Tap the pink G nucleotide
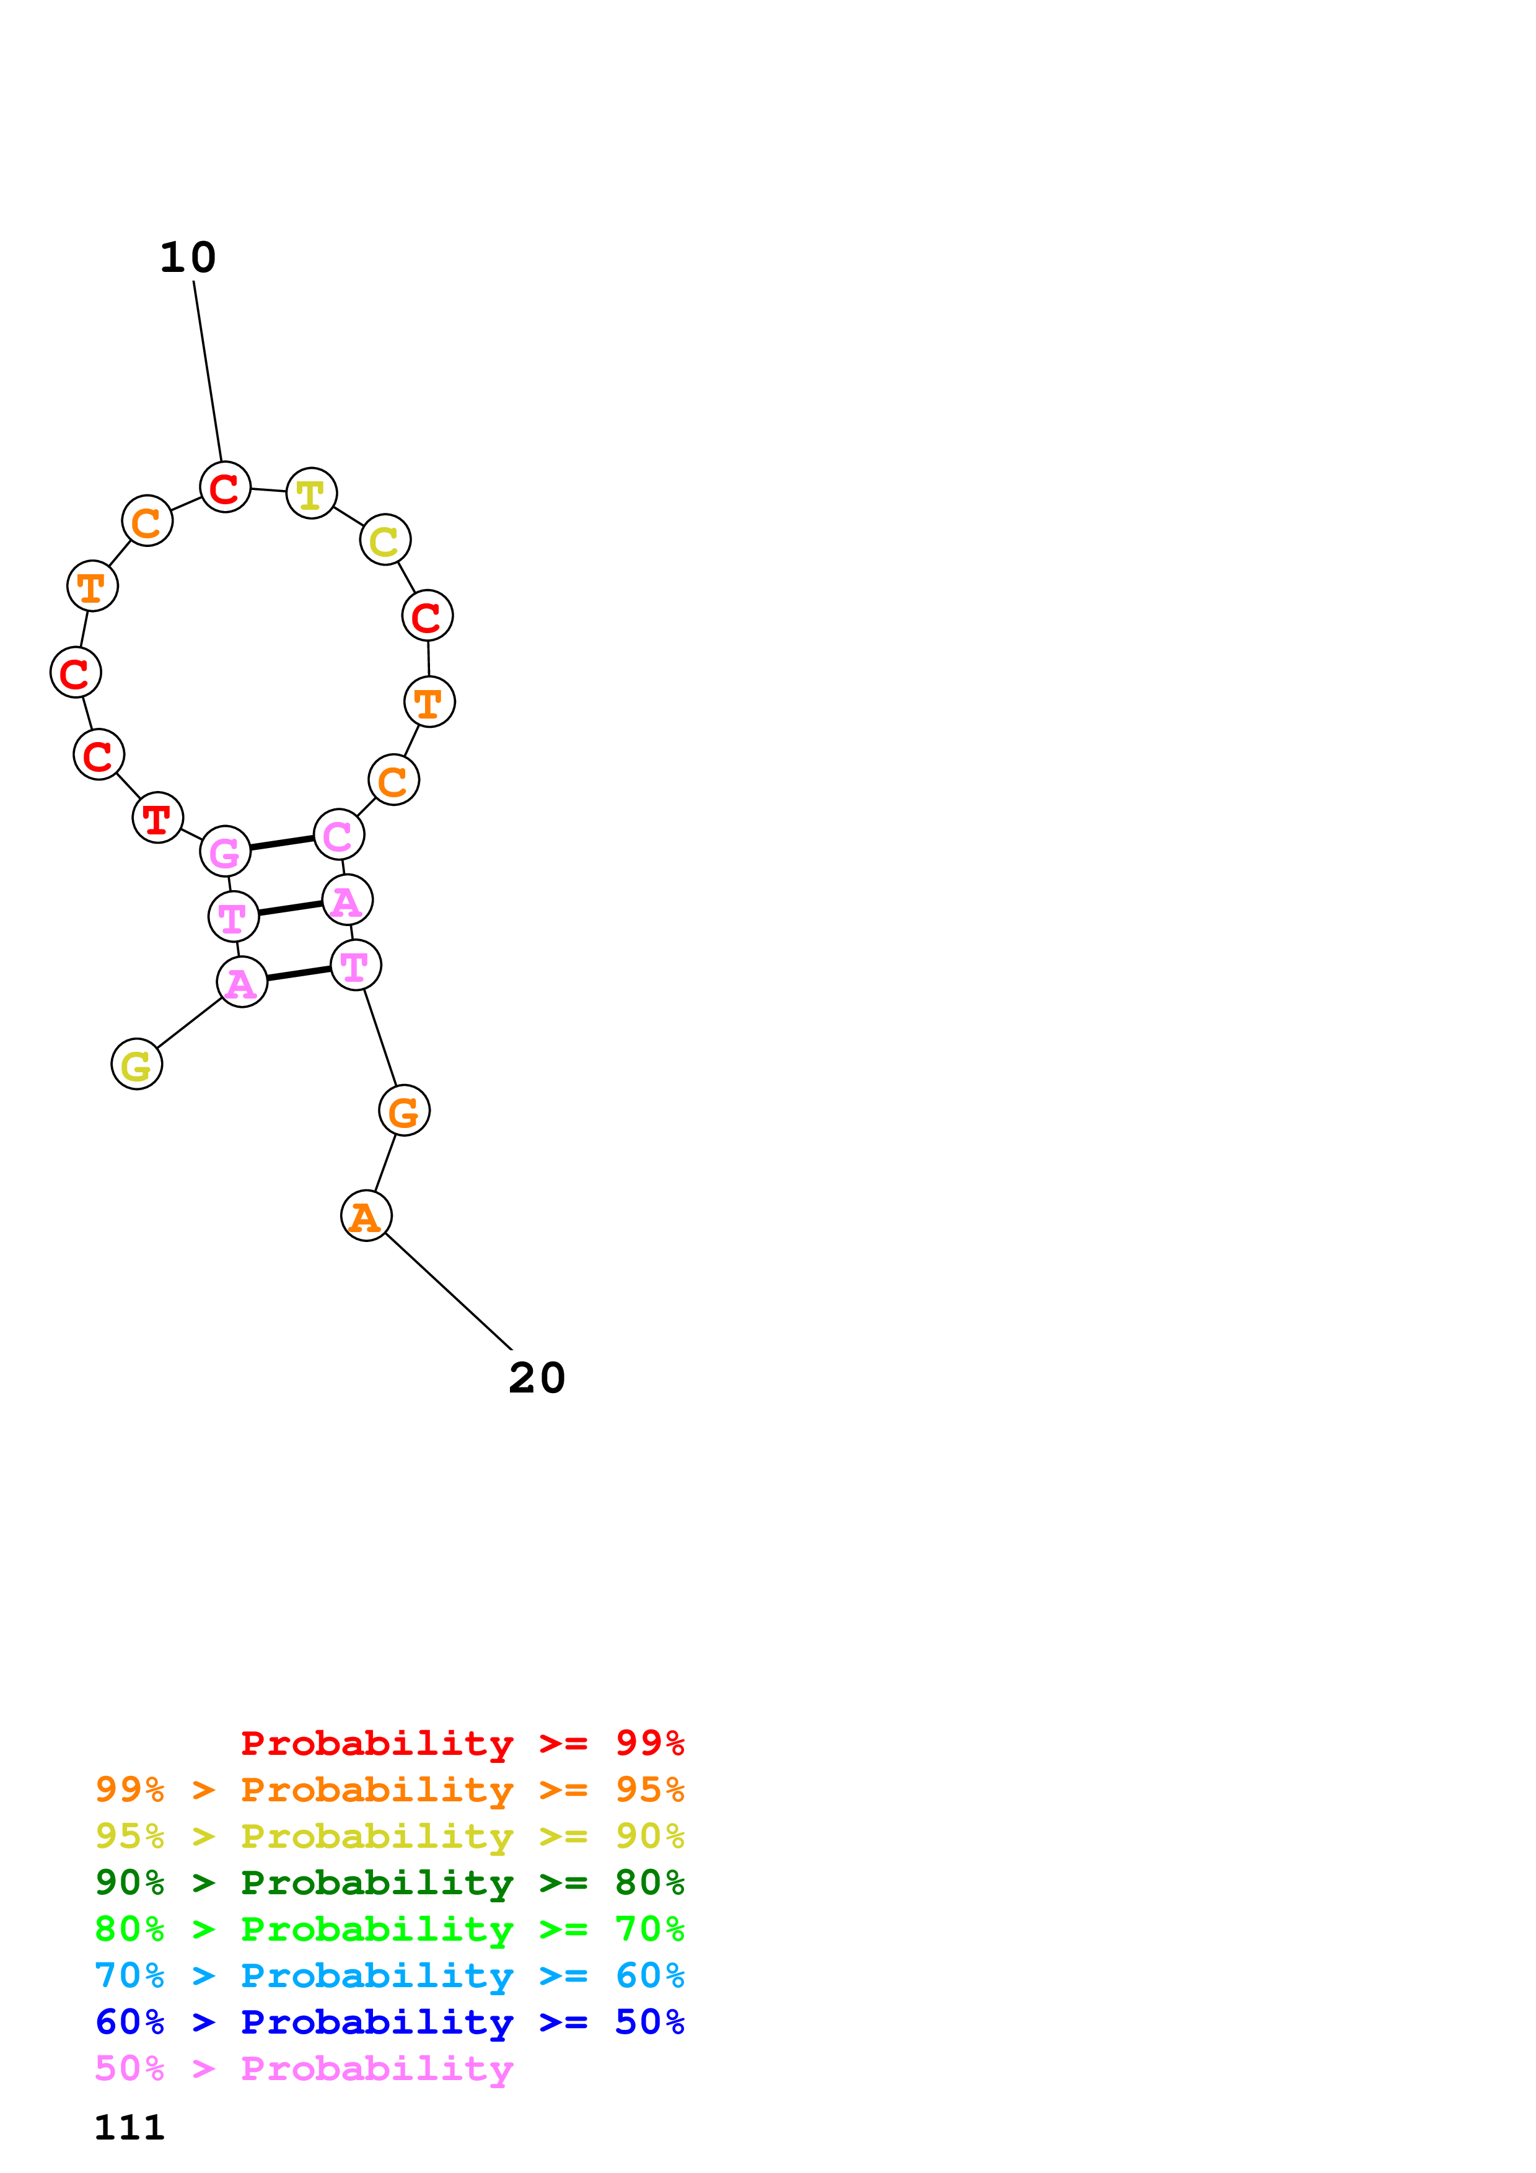226,852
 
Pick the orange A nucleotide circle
366,1216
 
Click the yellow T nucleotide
312,493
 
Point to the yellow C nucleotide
385,540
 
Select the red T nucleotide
158,818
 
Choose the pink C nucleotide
339,835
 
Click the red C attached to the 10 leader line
226,488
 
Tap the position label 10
187,258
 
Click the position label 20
537,1378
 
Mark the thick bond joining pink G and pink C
282,843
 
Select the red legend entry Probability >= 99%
462,1743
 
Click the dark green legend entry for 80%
389,1882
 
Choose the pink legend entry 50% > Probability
304,2069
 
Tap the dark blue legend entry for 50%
389,2022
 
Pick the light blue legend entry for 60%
389,1976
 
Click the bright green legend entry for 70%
389,1929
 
